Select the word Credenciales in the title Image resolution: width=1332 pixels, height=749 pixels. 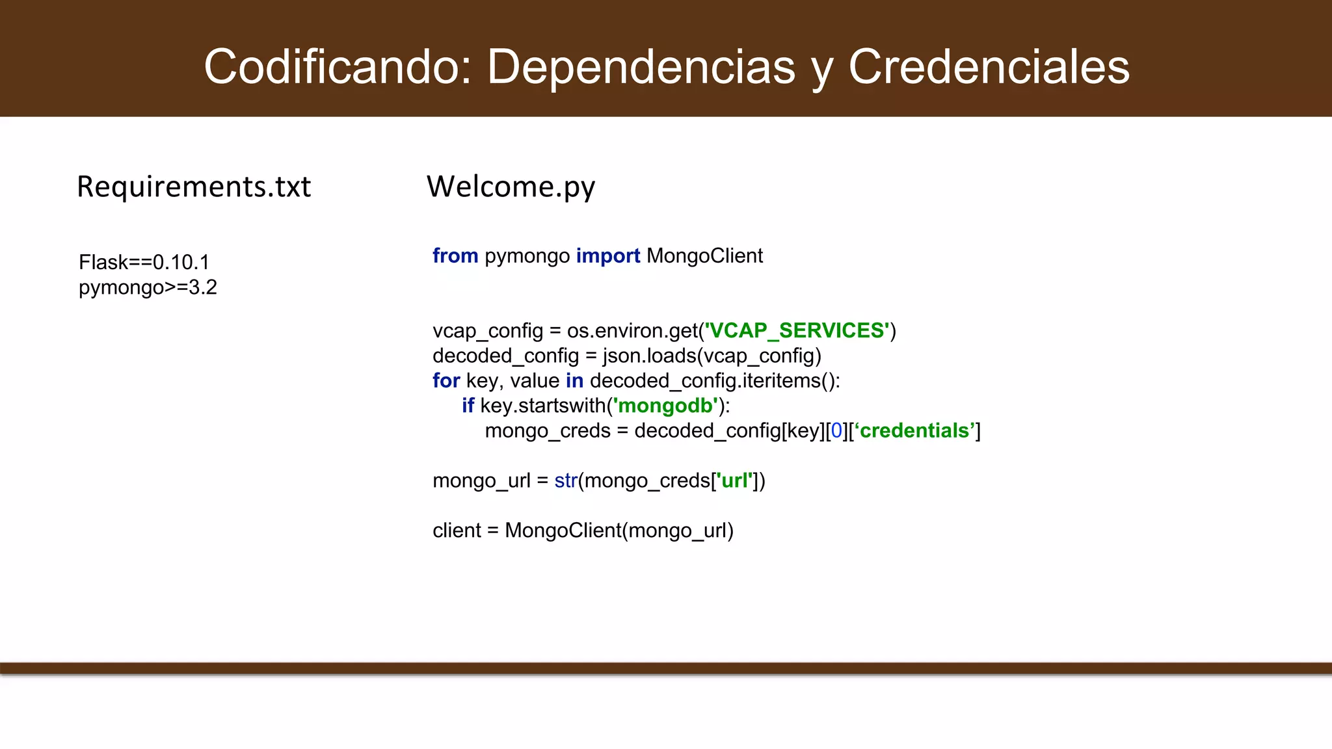click(x=989, y=66)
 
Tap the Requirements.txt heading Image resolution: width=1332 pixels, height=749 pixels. click(x=194, y=187)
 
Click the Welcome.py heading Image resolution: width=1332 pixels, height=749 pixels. click(x=511, y=187)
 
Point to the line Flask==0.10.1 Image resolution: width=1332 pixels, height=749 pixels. click(x=144, y=262)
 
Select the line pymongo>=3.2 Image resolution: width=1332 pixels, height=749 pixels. click(x=148, y=287)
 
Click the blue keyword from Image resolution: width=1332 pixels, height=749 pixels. click(x=455, y=256)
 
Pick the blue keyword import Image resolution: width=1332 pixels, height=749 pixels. click(x=607, y=256)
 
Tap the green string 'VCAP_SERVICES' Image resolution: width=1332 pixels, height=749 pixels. click(x=797, y=330)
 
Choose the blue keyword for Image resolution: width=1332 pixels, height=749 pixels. click(x=446, y=380)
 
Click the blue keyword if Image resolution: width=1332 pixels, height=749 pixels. click(x=468, y=406)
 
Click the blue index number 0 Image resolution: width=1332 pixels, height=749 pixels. click(x=836, y=430)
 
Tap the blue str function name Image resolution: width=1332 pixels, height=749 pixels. click(x=566, y=480)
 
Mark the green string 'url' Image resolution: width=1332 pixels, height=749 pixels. click(x=734, y=480)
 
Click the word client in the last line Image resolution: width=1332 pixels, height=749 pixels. click(x=457, y=531)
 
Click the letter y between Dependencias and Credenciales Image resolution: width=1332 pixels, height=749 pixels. click(x=822, y=70)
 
